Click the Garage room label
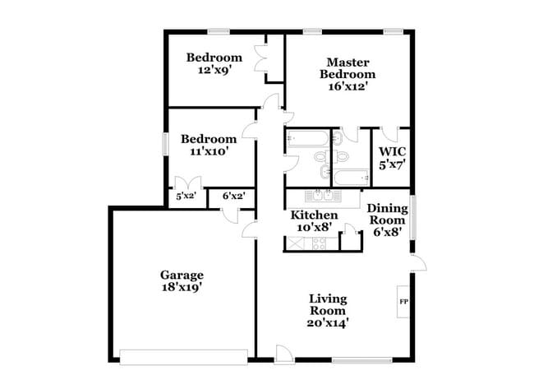pos(182,275)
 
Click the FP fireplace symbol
pos(403,302)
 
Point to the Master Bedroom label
pos(348,68)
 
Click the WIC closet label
pos(392,153)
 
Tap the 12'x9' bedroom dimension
pos(214,71)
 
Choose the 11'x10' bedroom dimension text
pos(209,151)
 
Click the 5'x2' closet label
pos(185,197)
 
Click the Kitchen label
pos(315,215)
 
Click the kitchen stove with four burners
pos(318,243)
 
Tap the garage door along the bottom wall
pos(183,356)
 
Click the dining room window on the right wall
pos(412,220)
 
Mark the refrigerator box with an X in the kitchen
pos(294,243)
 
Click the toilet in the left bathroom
pos(322,155)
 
